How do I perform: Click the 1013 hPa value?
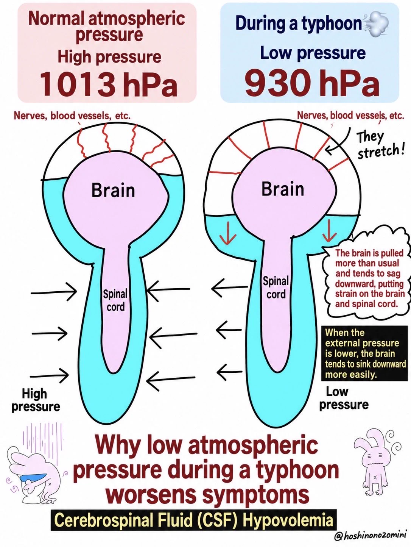click(109, 84)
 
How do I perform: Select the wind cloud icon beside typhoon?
click(376, 23)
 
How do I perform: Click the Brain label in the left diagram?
click(113, 191)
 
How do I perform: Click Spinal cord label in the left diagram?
click(115, 300)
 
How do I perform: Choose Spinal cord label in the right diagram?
click(276, 288)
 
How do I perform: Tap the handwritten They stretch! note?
click(380, 146)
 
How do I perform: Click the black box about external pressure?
click(364, 353)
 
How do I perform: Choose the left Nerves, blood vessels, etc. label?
click(72, 116)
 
